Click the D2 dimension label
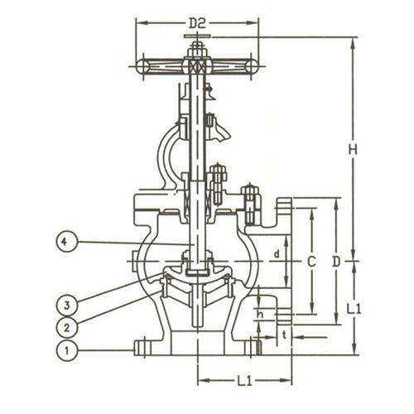pos(197,24)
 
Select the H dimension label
pos(353,150)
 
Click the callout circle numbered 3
pos(66,306)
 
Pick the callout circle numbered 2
pos(66,328)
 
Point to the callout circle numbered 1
pos(66,350)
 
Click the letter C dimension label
pos(311,262)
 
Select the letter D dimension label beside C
pos(336,262)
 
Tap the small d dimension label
pos(277,254)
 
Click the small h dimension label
pos(260,315)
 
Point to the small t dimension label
pos(285,335)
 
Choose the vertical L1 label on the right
pos(354,309)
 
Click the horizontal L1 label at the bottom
pos(245,381)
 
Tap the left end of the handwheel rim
pos(142,66)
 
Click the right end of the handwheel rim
pos(252,66)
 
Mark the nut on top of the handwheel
pos(197,49)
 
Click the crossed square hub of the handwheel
pos(197,66)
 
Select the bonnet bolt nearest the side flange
pos(250,204)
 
